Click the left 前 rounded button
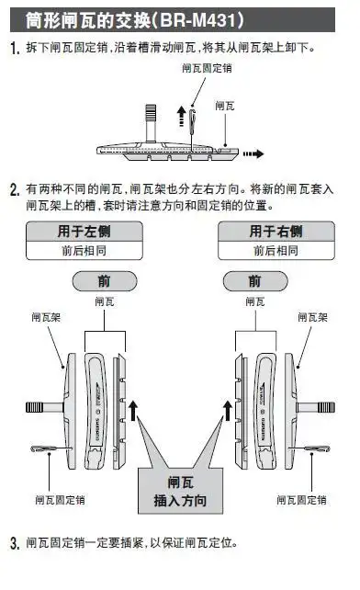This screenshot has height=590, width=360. click(101, 281)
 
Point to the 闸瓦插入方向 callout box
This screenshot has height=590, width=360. click(179, 491)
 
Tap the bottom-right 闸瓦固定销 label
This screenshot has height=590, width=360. click(303, 500)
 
